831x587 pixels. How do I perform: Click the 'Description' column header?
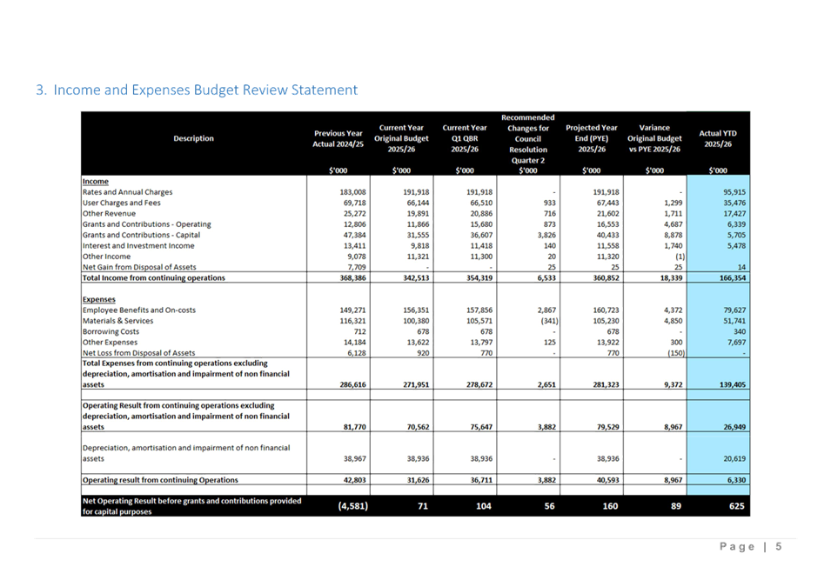tap(193, 138)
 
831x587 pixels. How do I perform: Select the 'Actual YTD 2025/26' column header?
tap(718, 138)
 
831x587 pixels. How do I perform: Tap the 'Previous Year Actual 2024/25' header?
tap(338, 138)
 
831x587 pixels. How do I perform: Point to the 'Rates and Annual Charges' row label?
tap(128, 192)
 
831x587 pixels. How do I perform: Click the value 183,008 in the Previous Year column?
tap(352, 192)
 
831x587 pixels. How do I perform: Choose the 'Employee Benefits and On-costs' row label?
tap(139, 310)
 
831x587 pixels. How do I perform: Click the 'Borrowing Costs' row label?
tap(111, 331)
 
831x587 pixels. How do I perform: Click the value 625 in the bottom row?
tap(736, 505)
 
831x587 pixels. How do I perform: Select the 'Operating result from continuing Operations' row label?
tap(160, 480)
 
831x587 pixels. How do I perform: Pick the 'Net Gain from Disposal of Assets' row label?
tap(140, 267)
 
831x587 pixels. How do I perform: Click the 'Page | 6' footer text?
tap(751, 546)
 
